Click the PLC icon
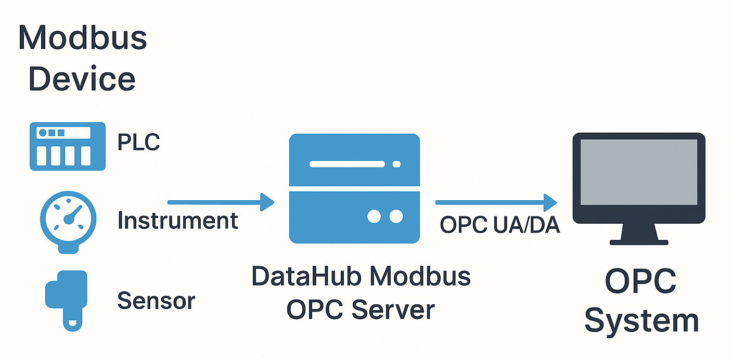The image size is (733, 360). [68, 146]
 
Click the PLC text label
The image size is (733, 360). [138, 142]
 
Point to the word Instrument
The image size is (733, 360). [177, 221]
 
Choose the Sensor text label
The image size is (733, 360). [156, 301]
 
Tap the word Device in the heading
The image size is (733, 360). [82, 79]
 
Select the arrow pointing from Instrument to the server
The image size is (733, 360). [221, 202]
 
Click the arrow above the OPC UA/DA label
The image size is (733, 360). [496, 202]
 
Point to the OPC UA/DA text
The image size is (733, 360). [499, 225]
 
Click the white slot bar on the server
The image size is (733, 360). [347, 164]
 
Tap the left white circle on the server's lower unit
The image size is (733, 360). [374, 216]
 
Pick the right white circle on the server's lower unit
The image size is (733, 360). [396, 216]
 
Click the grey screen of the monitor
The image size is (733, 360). [638, 172]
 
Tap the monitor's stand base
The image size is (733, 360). [638, 242]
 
